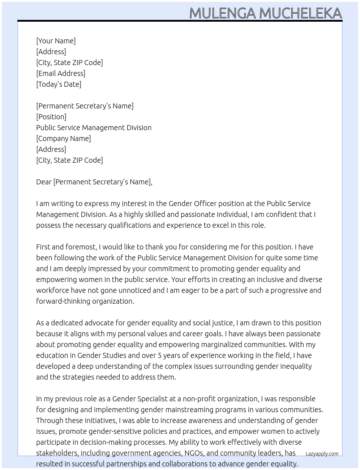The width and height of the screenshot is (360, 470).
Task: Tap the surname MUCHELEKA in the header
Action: [300, 13]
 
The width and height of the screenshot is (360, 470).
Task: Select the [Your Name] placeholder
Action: [56, 41]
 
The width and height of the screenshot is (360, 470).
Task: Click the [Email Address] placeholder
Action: [61, 73]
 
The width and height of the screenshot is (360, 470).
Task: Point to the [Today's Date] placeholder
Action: [59, 84]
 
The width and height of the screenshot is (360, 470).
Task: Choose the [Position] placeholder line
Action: [51, 117]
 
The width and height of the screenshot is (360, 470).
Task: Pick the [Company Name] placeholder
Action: [64, 138]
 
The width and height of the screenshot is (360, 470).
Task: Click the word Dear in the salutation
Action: [44, 182]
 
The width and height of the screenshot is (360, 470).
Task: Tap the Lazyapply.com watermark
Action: [322, 454]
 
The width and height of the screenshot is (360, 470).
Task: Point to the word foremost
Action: [81, 247]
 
